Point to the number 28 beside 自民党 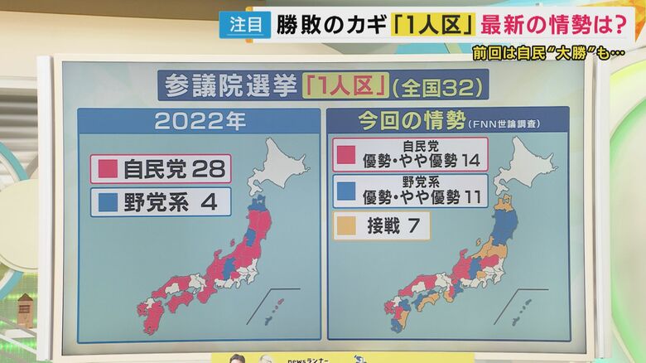click(208, 169)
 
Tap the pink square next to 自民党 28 click(108, 169)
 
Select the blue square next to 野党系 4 click(108, 201)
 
